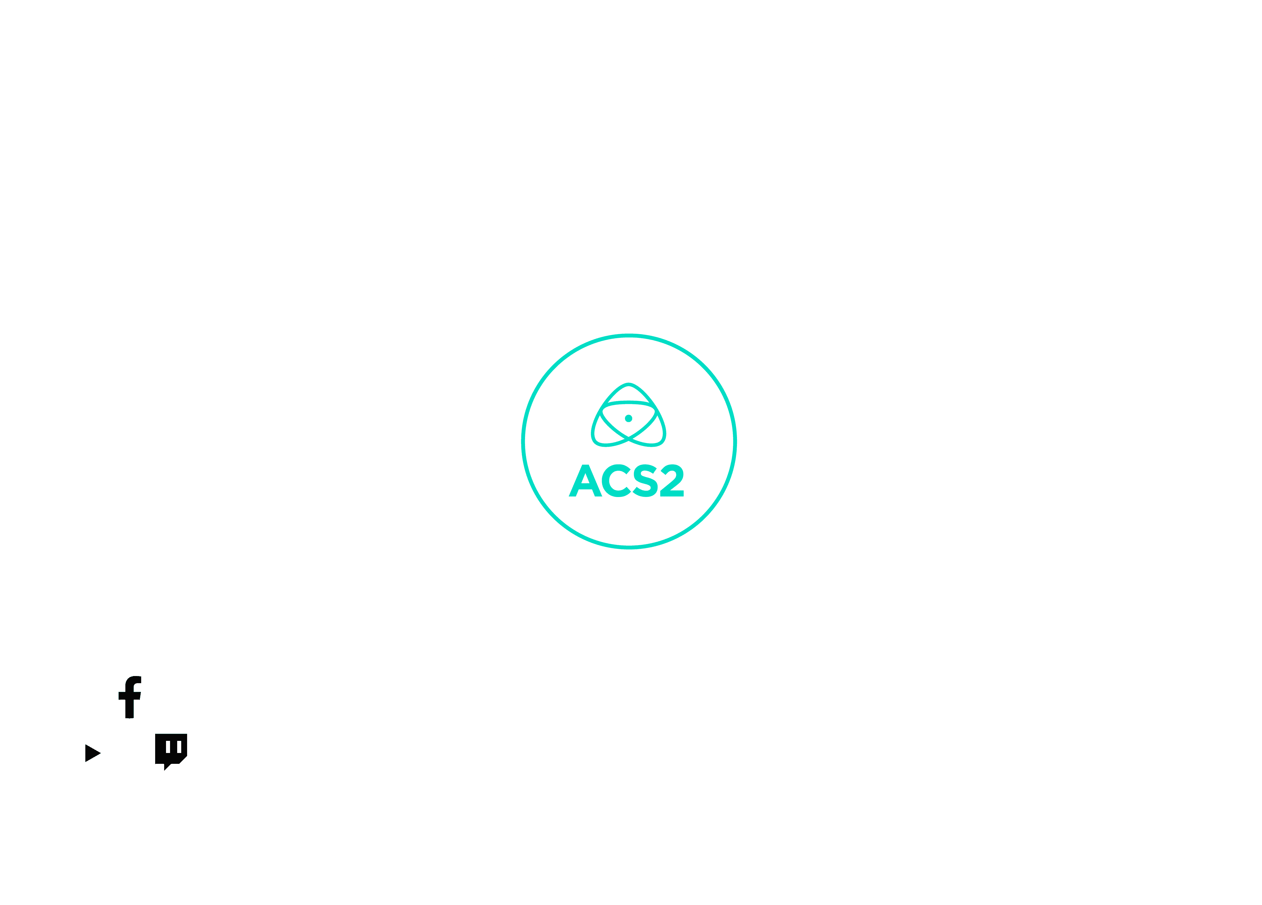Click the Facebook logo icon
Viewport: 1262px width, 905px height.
[129, 692]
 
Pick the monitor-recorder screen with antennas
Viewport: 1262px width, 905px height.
[413, 201]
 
